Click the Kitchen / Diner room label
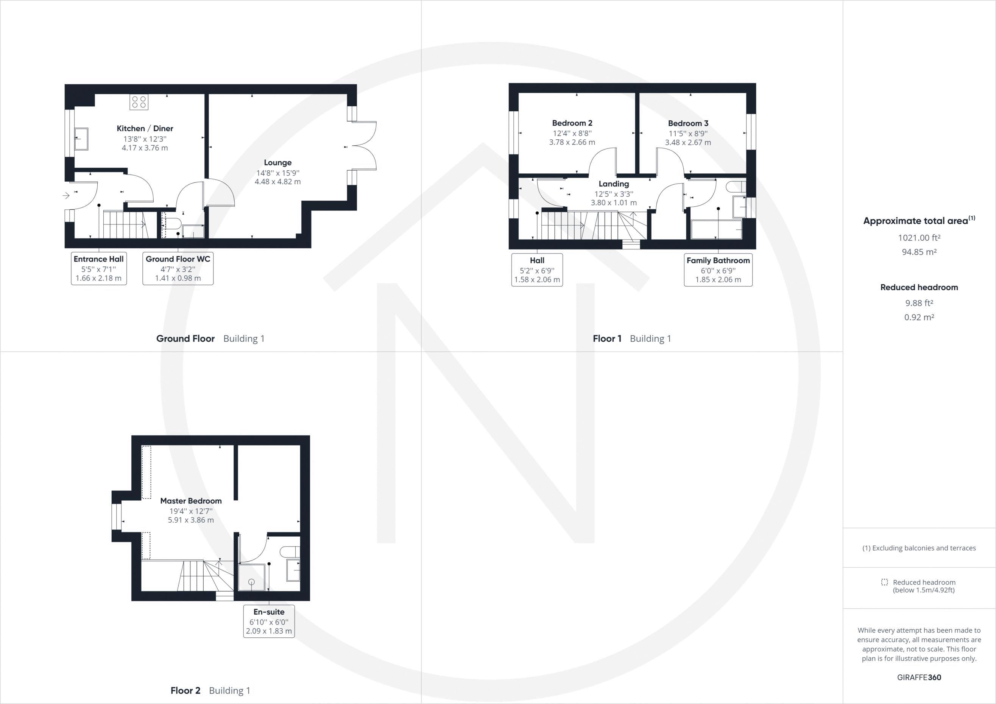pyautogui.click(x=145, y=128)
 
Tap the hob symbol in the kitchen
pyautogui.click(x=139, y=102)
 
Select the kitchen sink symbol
pyautogui.click(x=81, y=139)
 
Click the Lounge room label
pyautogui.click(x=277, y=163)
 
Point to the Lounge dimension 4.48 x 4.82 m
pyautogui.click(x=277, y=182)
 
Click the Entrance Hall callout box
pyautogui.click(x=99, y=268)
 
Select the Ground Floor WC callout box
pyautogui.click(x=178, y=268)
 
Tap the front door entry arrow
pyautogui.click(x=66, y=196)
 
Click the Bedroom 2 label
pyautogui.click(x=572, y=123)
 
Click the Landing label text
pyautogui.click(x=613, y=184)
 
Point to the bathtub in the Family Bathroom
pyautogui.click(x=716, y=229)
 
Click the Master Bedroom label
pyautogui.click(x=191, y=501)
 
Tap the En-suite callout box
pyautogui.click(x=269, y=621)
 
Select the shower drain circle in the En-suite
pyautogui.click(x=251, y=582)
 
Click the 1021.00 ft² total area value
pyautogui.click(x=919, y=238)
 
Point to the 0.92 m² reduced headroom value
pyautogui.click(x=919, y=317)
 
